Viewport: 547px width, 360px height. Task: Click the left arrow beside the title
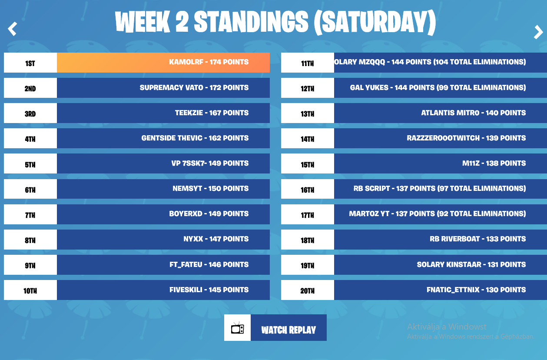(x=12, y=29)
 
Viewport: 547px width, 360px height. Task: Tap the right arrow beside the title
(x=538, y=32)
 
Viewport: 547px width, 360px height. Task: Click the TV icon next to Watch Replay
(x=237, y=328)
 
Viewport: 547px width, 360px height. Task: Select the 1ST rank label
(x=30, y=63)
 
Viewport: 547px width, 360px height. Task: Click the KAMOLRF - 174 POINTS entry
(x=209, y=62)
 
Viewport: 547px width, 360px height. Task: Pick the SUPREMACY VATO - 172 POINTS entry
(x=194, y=87)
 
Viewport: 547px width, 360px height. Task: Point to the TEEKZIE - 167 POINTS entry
(x=212, y=113)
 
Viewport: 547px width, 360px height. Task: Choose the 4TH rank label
(x=30, y=139)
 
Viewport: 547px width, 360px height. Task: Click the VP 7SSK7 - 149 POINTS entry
(x=210, y=163)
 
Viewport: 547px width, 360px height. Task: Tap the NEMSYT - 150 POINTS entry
(x=210, y=188)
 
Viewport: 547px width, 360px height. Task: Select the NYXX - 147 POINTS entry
(x=216, y=239)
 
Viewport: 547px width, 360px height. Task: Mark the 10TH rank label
(x=30, y=291)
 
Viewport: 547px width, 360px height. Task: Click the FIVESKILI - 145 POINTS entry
(x=209, y=290)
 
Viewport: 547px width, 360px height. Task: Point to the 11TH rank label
(x=308, y=63)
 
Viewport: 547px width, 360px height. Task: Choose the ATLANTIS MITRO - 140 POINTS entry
(x=474, y=113)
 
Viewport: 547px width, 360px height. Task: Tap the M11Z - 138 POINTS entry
(x=494, y=163)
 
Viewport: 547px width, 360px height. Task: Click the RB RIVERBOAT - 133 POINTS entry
(x=478, y=239)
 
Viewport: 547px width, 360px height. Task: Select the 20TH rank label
(x=308, y=291)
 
